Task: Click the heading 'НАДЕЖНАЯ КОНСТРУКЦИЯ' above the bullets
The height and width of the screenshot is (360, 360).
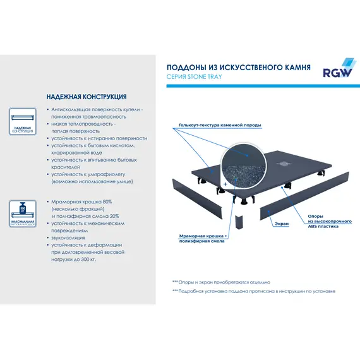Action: click(87, 97)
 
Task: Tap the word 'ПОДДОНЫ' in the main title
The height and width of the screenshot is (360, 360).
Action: click(185, 67)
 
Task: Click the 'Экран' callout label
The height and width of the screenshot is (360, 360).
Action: click(282, 224)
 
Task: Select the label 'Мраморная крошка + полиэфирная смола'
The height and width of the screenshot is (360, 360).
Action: click(203, 237)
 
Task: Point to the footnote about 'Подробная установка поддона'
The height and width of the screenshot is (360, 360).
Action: click(253, 291)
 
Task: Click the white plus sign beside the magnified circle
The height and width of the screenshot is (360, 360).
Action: click(224, 185)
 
